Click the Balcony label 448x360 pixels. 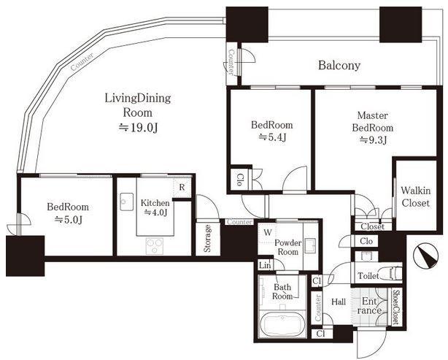[x=339, y=65]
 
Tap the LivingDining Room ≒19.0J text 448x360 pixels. [x=128, y=112]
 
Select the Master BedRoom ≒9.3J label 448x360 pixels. [x=372, y=128]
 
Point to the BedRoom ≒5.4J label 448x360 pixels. [x=271, y=132]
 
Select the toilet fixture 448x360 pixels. [x=393, y=275]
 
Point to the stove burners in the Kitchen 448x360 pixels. [x=155, y=244]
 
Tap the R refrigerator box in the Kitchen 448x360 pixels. [x=182, y=188]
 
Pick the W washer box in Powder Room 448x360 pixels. [x=269, y=232]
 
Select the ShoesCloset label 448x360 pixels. [x=395, y=307]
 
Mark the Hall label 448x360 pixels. [x=339, y=301]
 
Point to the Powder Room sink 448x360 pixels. [x=309, y=245]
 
